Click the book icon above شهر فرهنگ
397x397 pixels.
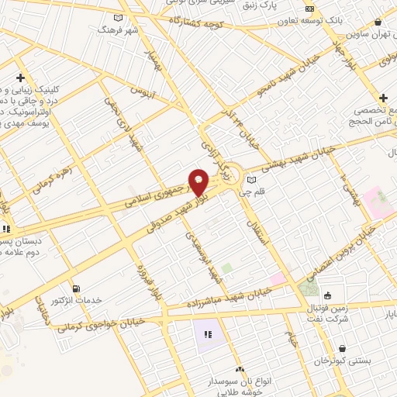click(x=118, y=17)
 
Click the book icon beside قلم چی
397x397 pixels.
click(x=250, y=180)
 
